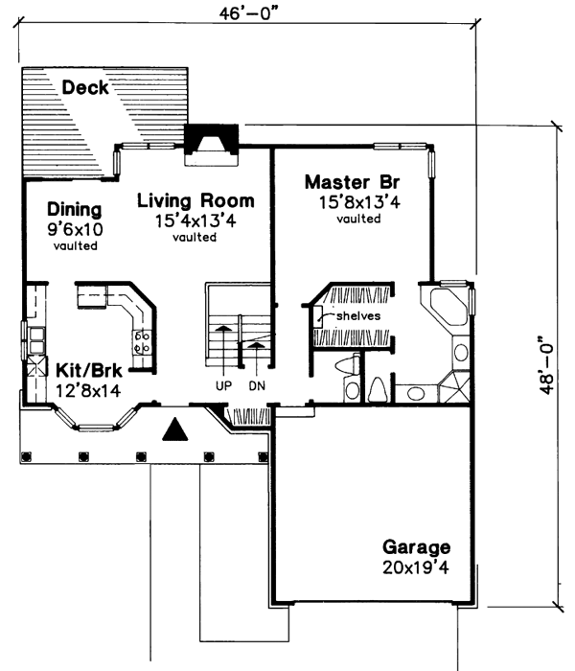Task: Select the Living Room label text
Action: point(195,201)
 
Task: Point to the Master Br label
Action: point(352,181)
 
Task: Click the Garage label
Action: point(416,547)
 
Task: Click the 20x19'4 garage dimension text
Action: point(416,567)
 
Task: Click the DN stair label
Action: point(256,384)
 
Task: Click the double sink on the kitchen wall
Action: point(35,337)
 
